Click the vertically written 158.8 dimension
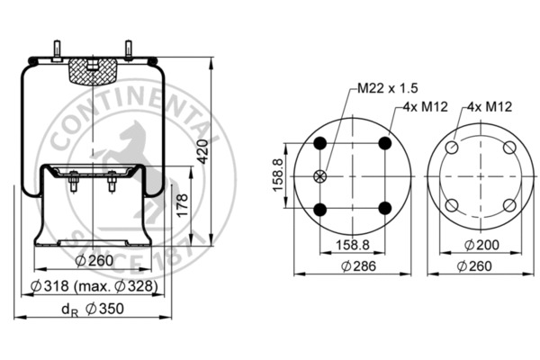click(278, 175)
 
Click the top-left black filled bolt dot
click(319, 143)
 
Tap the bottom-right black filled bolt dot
click(385, 209)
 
